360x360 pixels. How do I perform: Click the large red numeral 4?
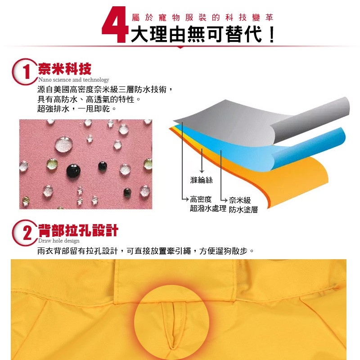[115, 25]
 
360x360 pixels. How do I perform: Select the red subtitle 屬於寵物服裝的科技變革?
[202, 18]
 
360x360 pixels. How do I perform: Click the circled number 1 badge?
[25, 72]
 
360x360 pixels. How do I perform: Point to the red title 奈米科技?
[65, 69]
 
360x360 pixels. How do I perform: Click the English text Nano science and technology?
[73, 80]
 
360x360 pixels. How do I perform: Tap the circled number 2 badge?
[25, 233]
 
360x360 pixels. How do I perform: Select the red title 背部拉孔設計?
[78, 230]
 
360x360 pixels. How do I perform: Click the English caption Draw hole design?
[59, 241]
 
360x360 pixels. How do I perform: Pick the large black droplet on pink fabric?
[73, 171]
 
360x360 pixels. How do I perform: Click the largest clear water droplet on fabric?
[64, 144]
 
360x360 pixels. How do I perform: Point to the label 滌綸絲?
[201, 180]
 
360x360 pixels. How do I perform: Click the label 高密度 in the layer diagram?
[201, 199]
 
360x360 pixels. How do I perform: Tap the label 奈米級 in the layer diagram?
[240, 200]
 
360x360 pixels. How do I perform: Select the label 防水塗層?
[243, 209]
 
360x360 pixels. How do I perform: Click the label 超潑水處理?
[208, 208]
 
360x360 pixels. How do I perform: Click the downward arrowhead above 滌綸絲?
[202, 171]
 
